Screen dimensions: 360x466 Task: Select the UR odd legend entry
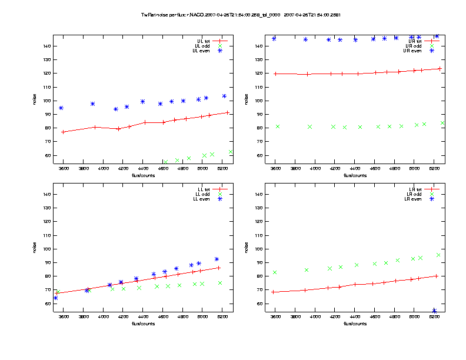[414, 45]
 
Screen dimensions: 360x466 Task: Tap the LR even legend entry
[414, 199]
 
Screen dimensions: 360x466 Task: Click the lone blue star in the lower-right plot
[434, 311]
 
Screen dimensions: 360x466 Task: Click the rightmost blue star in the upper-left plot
[224, 96]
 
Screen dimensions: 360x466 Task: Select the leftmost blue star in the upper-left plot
[61, 108]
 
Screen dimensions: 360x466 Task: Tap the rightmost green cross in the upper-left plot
[231, 152]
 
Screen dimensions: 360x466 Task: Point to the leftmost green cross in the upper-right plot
[278, 126]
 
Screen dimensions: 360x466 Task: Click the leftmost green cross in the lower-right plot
[275, 272]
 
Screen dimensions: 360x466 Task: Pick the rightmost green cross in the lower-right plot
[438, 255]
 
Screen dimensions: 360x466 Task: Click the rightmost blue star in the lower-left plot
[217, 259]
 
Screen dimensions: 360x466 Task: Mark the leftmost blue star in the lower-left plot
[55, 298]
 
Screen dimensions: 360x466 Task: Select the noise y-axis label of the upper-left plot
[35, 101]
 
